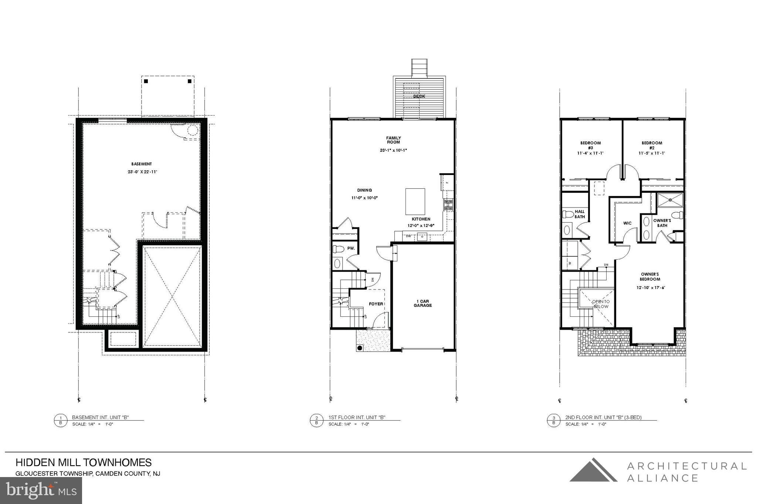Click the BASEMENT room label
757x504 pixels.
coord(142,164)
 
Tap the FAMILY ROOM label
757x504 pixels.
coord(394,140)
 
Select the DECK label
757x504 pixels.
coord(419,96)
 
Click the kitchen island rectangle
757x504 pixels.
coord(415,202)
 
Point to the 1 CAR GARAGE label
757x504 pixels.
coord(422,304)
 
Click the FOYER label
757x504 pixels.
coord(376,304)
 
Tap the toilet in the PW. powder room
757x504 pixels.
coord(338,249)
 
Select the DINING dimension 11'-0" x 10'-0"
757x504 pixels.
coord(364,198)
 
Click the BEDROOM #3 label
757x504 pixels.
coord(590,145)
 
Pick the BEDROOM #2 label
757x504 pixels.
coord(652,145)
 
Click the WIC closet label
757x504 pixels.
coord(627,223)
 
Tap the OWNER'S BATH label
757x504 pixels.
coord(662,223)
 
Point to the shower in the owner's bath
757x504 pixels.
coord(670,200)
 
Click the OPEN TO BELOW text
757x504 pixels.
coord(601,304)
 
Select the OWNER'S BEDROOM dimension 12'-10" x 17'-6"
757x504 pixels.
coord(651,288)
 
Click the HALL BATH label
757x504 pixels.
coord(580,214)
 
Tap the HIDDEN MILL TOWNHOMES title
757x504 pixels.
coord(84,463)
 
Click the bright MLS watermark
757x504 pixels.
coord(41,491)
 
